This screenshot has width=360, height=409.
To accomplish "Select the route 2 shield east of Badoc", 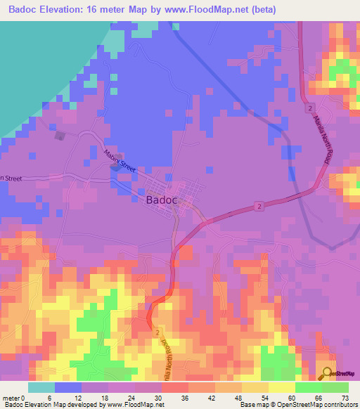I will [259, 205].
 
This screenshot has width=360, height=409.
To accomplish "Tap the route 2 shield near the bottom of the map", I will [158, 332].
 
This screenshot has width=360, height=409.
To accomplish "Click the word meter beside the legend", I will [11, 397].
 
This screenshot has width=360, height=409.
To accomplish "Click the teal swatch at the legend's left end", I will [41, 387].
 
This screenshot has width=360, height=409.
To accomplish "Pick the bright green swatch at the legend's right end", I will [335, 387].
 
